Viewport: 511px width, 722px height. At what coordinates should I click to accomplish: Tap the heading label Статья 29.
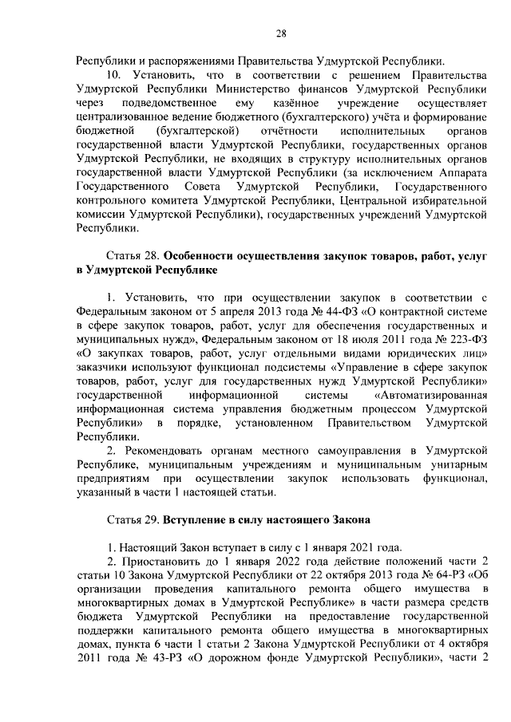point(133,519)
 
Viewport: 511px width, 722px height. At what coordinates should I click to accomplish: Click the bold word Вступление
point(200,519)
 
